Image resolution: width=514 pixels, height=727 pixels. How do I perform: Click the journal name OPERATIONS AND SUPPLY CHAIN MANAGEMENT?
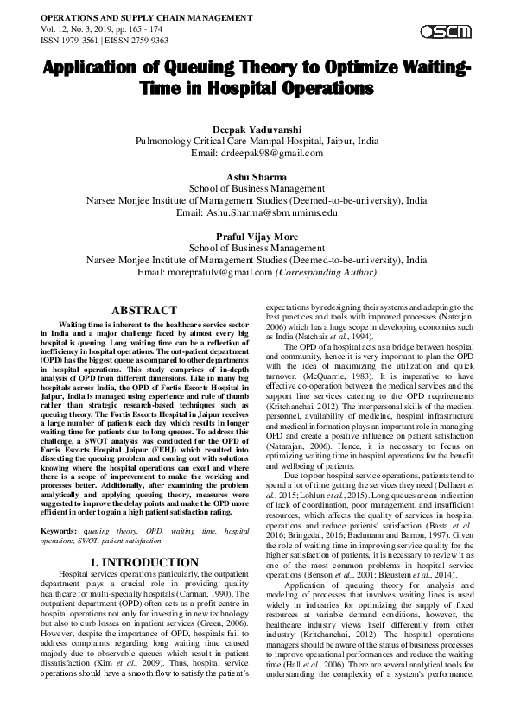136,17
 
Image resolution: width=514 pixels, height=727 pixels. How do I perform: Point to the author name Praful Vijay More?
257,236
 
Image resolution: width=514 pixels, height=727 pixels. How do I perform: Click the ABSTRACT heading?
145,309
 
